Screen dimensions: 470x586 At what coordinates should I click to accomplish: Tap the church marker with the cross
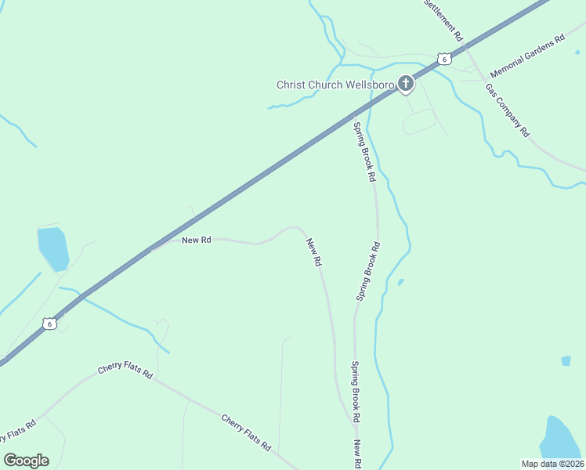click(x=405, y=83)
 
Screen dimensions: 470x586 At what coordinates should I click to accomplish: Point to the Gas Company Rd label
click(x=508, y=110)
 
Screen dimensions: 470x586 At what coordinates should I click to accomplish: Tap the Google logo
click(x=26, y=461)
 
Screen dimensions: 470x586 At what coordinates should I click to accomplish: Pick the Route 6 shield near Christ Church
click(x=444, y=59)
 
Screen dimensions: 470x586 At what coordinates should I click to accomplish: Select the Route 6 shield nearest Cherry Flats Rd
click(x=50, y=324)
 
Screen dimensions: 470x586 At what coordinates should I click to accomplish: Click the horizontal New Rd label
click(x=197, y=240)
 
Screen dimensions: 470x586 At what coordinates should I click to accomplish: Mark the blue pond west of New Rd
click(x=53, y=248)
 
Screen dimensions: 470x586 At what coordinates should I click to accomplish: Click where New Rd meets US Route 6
click(x=151, y=250)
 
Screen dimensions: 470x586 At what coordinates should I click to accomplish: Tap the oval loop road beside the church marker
click(x=419, y=121)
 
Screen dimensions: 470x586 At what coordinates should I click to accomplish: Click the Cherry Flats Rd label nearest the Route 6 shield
click(x=125, y=371)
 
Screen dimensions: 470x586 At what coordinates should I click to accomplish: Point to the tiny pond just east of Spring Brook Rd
click(x=400, y=282)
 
